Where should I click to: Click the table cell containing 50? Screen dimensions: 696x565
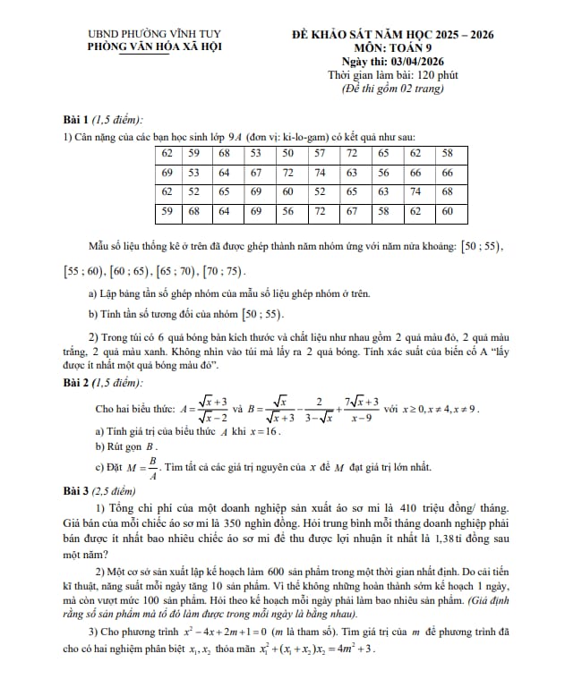287,153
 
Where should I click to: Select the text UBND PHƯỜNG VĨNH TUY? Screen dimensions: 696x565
144,35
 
